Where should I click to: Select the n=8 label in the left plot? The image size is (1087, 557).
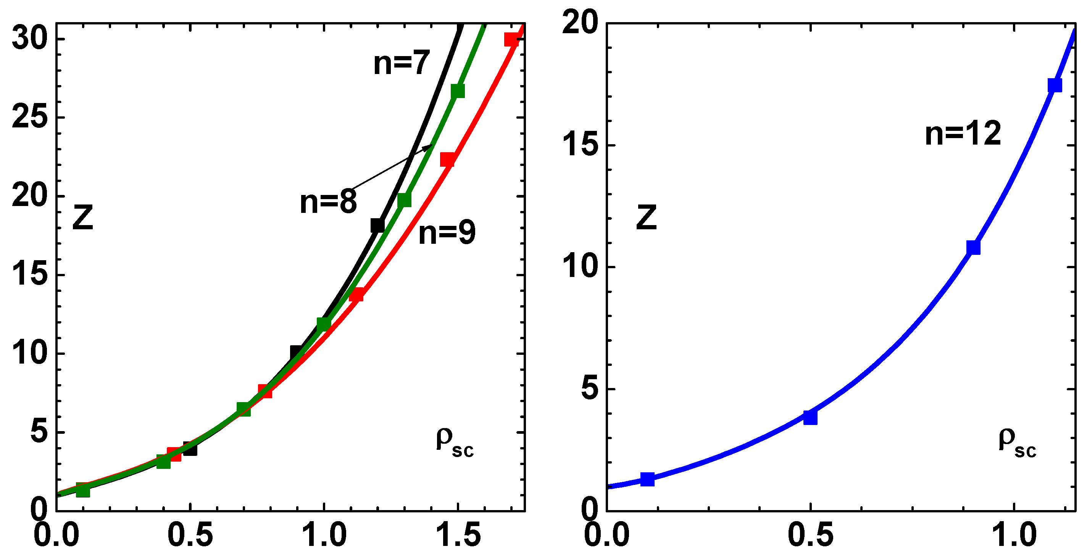point(328,201)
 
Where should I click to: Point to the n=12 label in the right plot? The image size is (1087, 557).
point(963,133)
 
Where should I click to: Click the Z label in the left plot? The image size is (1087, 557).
point(83,217)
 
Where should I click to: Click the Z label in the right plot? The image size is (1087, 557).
point(646,217)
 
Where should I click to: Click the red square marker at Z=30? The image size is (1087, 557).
point(511,40)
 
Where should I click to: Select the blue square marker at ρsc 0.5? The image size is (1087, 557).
point(810,417)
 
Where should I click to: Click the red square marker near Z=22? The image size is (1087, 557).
point(447,160)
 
